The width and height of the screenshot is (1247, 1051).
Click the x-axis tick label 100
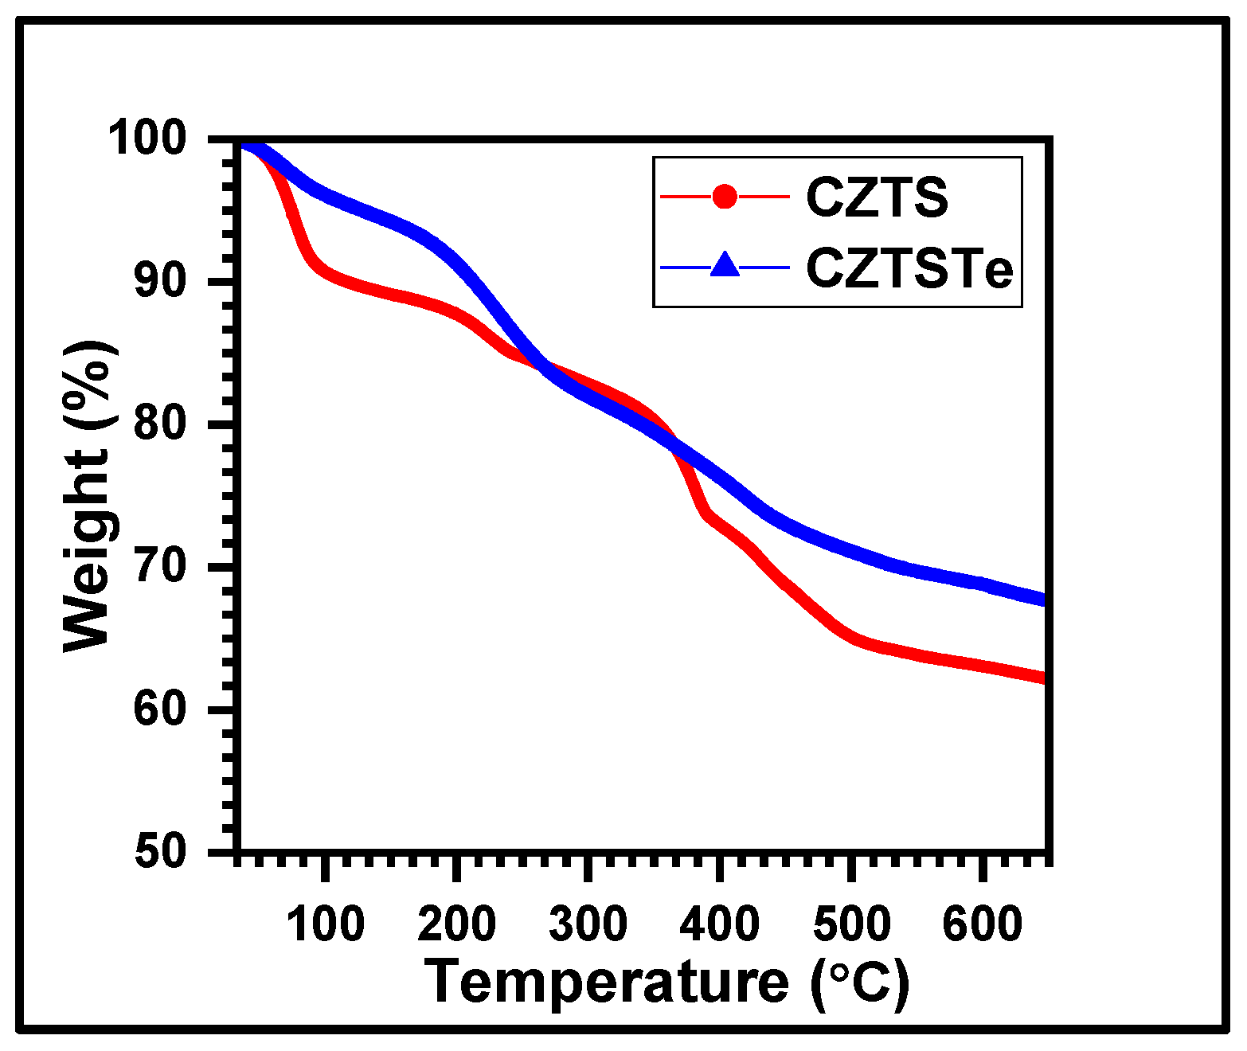(325, 924)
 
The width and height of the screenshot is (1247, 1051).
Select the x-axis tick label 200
(456, 924)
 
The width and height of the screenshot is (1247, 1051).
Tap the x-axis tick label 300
(588, 924)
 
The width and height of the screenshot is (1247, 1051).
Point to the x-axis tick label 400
(719, 924)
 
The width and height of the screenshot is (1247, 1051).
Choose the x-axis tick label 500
(850, 924)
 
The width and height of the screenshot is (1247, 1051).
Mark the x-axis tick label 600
(982, 924)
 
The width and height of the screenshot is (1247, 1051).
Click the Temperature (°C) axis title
(667, 983)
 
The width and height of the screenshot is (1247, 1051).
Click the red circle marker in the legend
(725, 196)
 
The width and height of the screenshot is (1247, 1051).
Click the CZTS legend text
(877, 197)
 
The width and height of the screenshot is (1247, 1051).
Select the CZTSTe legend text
(909, 268)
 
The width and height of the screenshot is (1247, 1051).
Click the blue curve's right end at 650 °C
(1042, 600)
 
